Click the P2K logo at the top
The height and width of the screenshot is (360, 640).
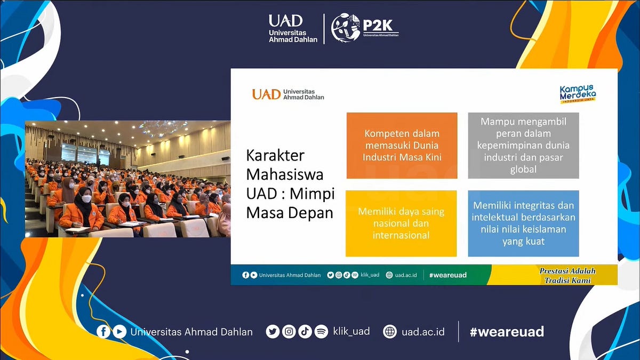click(365, 28)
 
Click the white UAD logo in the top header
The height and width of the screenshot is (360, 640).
click(293, 28)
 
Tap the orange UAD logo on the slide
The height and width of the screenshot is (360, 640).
click(288, 94)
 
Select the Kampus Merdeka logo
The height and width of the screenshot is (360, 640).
click(578, 94)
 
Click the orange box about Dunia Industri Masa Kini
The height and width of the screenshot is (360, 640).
click(402, 145)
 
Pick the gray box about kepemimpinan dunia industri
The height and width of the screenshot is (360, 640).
click(523, 145)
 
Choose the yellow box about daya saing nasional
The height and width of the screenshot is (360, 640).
click(401, 223)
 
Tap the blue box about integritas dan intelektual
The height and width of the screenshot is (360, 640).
click(523, 223)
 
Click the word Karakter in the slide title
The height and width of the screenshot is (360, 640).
click(275, 156)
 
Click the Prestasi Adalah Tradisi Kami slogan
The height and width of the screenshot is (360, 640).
click(567, 275)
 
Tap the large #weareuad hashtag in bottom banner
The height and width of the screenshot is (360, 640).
click(507, 332)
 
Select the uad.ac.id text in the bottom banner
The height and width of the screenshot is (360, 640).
click(423, 332)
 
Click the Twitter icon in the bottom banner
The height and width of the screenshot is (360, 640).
click(273, 332)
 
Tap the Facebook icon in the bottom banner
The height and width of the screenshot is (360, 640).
click(103, 332)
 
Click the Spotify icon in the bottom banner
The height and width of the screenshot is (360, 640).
click(321, 332)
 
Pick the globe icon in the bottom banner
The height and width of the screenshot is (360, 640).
click(390, 332)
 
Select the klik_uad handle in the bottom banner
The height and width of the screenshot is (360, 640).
click(351, 332)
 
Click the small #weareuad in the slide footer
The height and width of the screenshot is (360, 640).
click(447, 275)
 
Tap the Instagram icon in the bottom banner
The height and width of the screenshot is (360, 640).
click(289, 332)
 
